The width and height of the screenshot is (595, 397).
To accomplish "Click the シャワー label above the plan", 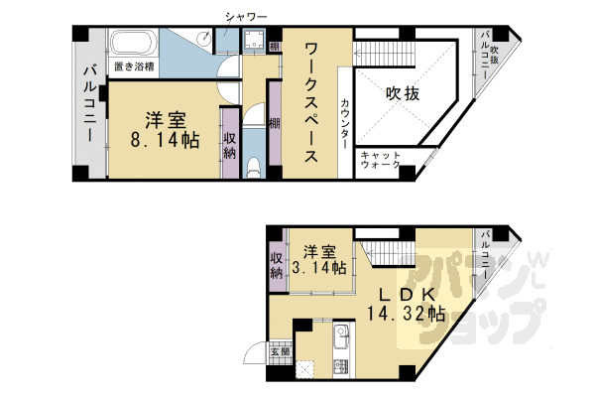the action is [x=246, y=17].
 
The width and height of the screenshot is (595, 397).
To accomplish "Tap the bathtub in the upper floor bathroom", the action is [x=133, y=44].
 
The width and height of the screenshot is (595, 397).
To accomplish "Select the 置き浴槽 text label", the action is [x=134, y=67].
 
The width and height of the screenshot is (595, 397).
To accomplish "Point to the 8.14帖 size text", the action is [x=165, y=141].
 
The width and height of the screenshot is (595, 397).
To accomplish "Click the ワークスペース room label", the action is [x=311, y=102].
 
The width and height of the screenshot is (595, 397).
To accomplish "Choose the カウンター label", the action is [x=345, y=124].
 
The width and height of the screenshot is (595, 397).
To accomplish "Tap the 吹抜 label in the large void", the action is [x=403, y=93].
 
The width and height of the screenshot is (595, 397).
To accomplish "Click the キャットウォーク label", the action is [x=380, y=160].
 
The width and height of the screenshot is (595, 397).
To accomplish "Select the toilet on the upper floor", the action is [x=253, y=168].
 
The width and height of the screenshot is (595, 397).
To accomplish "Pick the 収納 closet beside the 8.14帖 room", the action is [x=230, y=144].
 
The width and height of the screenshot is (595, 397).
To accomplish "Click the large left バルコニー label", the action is [x=89, y=103].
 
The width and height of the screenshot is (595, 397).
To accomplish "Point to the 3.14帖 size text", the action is [x=318, y=268].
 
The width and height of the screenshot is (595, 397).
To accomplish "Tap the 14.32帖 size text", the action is [x=406, y=314].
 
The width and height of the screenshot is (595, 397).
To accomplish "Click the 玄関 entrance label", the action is [x=280, y=351].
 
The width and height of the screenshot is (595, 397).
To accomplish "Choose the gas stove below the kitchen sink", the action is [x=341, y=365].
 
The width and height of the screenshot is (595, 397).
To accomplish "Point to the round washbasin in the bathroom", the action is [x=206, y=37].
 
